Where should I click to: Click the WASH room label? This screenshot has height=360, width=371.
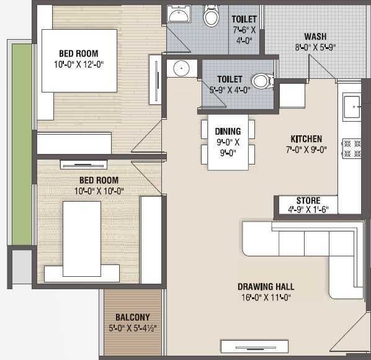point(315,37)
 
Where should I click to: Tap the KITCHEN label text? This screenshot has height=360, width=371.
point(306,139)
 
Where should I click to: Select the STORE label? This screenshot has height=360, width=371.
point(308,200)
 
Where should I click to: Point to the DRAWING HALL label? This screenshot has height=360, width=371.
point(266,287)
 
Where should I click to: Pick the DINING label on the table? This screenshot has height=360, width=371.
point(228,131)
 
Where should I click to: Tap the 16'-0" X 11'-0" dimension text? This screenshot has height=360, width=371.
point(266,297)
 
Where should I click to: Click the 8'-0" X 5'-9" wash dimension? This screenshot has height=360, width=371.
point(315,47)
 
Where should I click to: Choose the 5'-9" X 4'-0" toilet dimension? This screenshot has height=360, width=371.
point(229,90)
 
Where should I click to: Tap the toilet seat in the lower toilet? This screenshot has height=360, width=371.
point(261,80)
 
